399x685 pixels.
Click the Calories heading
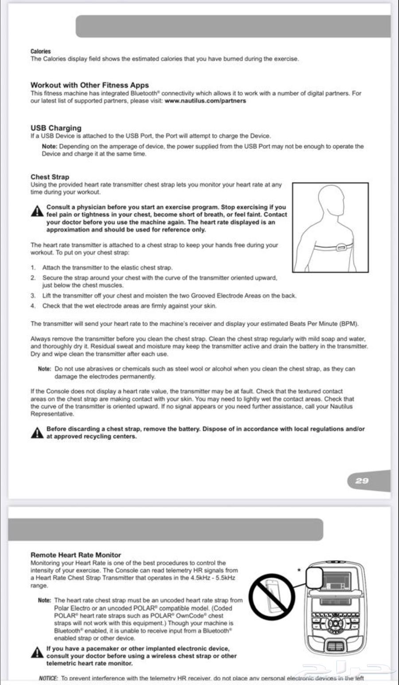tap(41, 51)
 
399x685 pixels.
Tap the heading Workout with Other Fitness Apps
tap(90, 85)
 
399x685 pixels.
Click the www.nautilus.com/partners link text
tap(205, 101)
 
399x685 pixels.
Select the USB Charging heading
tap(56, 128)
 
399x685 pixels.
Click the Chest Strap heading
tap(50, 177)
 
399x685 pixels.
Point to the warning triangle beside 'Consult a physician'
tap(37, 211)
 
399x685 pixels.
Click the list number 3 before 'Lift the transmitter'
tap(33, 296)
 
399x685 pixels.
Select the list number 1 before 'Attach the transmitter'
tap(33, 268)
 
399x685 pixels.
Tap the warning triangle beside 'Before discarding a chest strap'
tap(37, 432)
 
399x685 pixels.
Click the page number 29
tap(362, 480)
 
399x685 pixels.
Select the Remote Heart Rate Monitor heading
tap(76, 555)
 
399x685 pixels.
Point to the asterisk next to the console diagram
tap(300, 570)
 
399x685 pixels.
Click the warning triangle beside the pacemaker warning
tap(37, 652)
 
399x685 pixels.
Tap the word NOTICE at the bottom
tap(48, 678)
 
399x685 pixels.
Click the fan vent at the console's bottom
tap(335, 646)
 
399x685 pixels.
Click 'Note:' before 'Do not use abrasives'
tap(44, 369)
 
